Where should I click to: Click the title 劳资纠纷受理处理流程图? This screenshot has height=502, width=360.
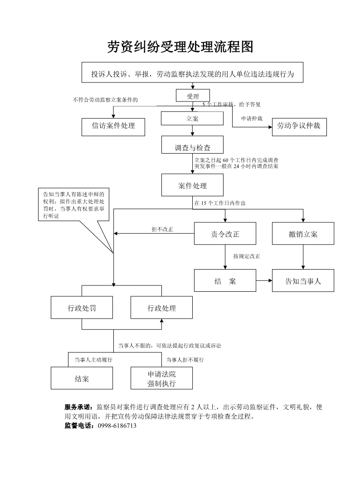coord(180,46)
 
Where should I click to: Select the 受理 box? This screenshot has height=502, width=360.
coord(193,96)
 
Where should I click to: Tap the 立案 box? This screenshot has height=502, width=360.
coord(192,118)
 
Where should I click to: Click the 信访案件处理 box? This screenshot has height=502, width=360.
coord(114,126)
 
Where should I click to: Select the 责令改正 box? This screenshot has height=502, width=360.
coord(225,234)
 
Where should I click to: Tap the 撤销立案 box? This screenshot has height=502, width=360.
coord(303,234)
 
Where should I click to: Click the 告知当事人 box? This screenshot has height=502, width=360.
coord(303,281)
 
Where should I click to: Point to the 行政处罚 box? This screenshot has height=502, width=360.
coord(82,308)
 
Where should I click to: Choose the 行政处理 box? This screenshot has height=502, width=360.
coord(161,308)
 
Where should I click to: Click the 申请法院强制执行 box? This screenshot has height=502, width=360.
coord(161,379)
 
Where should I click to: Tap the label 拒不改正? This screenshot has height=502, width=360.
coord(162,229)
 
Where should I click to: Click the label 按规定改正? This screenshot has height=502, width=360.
coord(247,256)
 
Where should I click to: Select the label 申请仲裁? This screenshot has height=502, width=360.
coord(252,119)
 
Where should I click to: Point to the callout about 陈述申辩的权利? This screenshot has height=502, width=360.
coord(73,205)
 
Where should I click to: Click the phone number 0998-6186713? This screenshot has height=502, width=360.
coord(117,426)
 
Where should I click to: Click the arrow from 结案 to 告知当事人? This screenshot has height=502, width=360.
coord(264,281)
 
